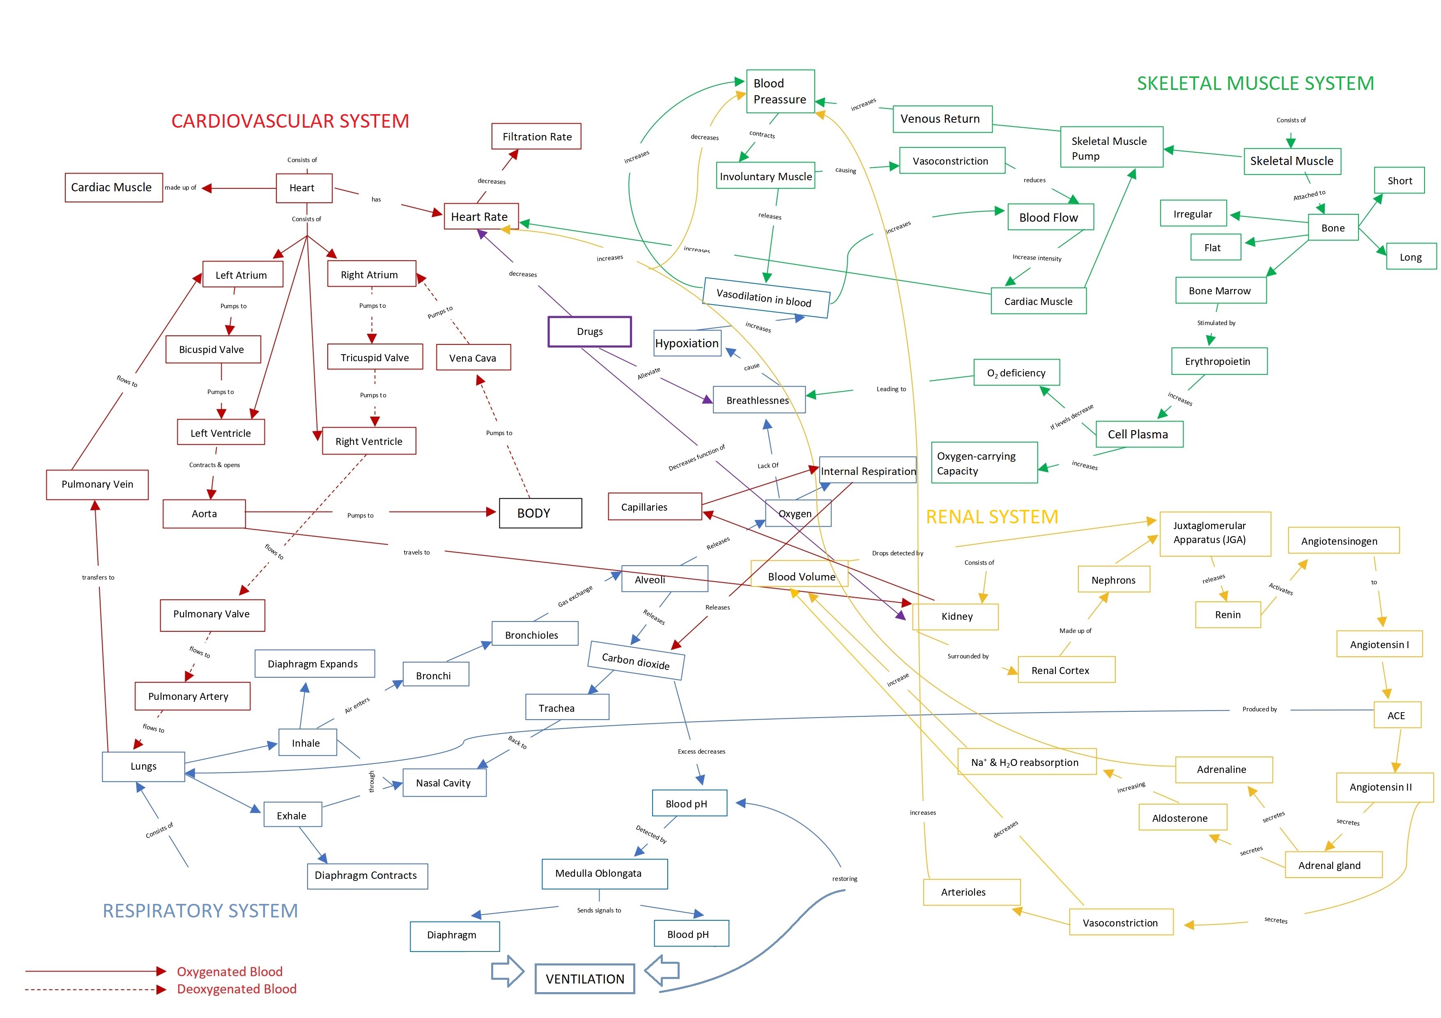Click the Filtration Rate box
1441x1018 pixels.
click(x=537, y=137)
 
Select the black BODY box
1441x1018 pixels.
click(x=540, y=513)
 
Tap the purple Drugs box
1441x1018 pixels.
click(x=589, y=331)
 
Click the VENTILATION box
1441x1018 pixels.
click(x=584, y=979)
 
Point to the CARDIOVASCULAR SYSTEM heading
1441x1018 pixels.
click(x=290, y=121)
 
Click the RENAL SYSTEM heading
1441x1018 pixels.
click(x=992, y=517)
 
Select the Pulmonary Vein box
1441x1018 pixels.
click(x=97, y=484)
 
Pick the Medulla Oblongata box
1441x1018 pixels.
click(x=604, y=873)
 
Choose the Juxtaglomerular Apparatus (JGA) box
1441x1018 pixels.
click(x=1214, y=533)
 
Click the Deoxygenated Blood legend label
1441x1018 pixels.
click(x=237, y=989)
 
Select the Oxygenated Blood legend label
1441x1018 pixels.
click(x=230, y=972)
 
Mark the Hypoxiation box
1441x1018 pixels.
click(x=687, y=343)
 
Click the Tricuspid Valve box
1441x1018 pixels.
click(x=375, y=358)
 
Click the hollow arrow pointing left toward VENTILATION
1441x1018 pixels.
click(x=662, y=970)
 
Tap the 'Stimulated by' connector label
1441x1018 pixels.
click(x=1216, y=323)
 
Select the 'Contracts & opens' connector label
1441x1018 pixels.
click(x=215, y=465)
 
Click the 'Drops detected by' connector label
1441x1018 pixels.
click(x=897, y=553)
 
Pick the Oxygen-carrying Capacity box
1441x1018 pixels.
click(x=984, y=463)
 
